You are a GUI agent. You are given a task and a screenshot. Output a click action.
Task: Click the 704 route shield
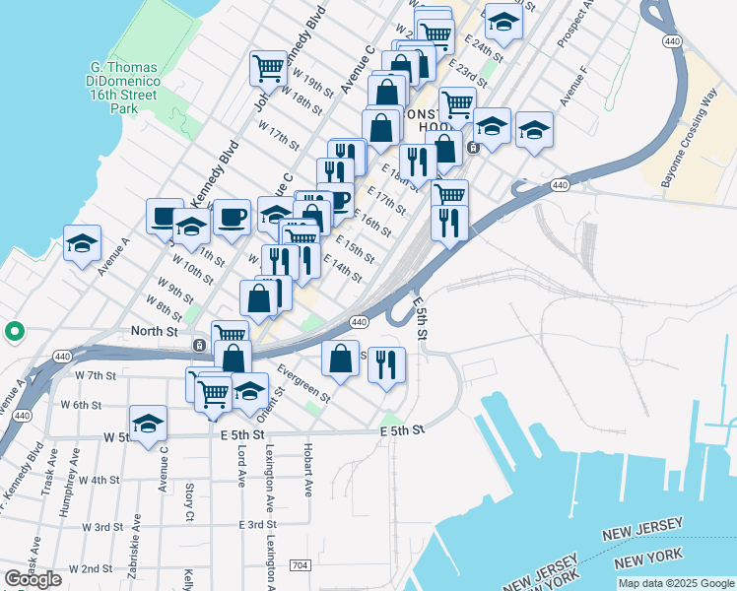tap(301, 565)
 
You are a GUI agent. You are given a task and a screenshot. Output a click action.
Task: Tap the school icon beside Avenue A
tap(83, 242)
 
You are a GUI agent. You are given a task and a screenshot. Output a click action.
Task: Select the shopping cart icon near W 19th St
tap(267, 68)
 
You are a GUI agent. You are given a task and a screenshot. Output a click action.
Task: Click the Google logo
tap(33, 578)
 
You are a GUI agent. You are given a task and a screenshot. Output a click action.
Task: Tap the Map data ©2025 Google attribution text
tap(675, 583)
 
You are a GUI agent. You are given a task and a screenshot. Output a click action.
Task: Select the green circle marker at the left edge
tap(14, 332)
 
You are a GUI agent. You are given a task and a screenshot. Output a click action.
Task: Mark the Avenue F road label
tap(573, 87)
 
